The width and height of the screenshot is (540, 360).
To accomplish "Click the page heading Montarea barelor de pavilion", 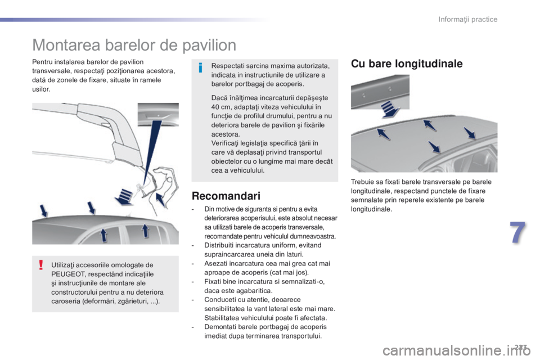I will tap(134, 45).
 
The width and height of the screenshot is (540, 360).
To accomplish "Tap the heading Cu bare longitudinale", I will tap(407, 64).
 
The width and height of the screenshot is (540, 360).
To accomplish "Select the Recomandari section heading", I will tap(226, 196).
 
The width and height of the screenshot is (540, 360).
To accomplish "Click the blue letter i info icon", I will tap(200, 68).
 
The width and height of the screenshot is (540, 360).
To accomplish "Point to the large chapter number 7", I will tap(518, 233).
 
